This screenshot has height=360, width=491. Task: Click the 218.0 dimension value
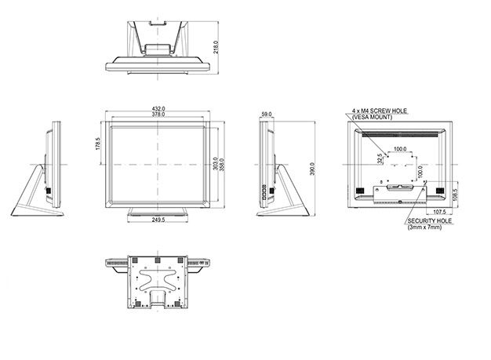[216, 47]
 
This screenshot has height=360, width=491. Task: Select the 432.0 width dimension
[158, 109]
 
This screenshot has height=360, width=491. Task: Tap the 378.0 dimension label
[158, 115]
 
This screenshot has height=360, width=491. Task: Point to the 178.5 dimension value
[98, 144]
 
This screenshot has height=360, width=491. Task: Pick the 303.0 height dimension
[216, 164]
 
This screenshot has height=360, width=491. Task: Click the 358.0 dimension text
[222, 165]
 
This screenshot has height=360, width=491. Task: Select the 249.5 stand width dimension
[158, 220]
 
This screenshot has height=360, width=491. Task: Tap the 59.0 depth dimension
[267, 115]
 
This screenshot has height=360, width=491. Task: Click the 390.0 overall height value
[312, 169]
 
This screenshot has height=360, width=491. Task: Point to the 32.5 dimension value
[380, 158]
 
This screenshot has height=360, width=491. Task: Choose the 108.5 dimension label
[455, 195]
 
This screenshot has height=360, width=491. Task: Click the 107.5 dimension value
[439, 212]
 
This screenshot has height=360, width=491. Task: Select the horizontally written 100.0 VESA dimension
[400, 149]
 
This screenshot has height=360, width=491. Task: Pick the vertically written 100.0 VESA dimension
[420, 172]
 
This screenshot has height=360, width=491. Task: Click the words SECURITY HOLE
[430, 221]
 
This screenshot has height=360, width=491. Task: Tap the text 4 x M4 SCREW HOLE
[380, 111]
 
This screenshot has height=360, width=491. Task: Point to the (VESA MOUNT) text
[372, 117]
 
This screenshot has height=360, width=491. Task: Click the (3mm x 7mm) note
[424, 227]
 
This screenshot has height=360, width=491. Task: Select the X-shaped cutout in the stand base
[157, 279]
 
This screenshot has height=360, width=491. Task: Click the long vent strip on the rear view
[400, 135]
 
